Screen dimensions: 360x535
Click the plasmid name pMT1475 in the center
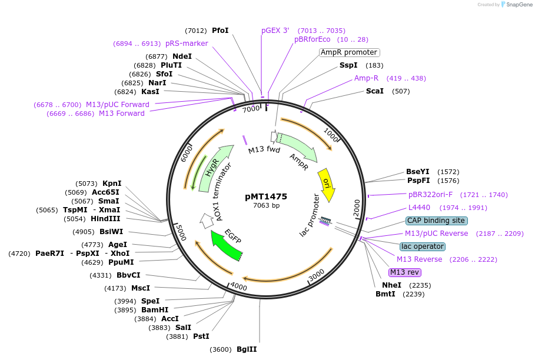[x=266, y=196]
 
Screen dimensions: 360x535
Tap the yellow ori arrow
[x=327, y=184]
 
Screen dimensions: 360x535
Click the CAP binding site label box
[x=436, y=221]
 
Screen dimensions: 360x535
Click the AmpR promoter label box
[x=349, y=52]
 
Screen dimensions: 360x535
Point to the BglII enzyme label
[x=247, y=349]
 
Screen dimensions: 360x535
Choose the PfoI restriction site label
[x=220, y=31]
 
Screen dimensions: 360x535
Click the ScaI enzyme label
[x=375, y=91]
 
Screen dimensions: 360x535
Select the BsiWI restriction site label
[x=111, y=232]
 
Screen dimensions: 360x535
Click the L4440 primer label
[x=419, y=208]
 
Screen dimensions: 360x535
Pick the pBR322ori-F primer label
[x=430, y=195]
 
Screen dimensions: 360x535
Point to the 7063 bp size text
[x=266, y=205]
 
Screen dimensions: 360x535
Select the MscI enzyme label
[x=141, y=288]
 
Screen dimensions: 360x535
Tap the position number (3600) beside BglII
[x=221, y=349]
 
